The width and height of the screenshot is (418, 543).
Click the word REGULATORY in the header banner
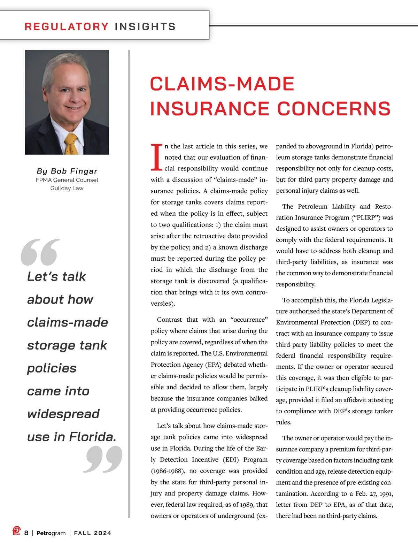66,26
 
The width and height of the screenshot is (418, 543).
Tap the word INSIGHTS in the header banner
145,26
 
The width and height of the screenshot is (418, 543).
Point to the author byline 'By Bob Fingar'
67,171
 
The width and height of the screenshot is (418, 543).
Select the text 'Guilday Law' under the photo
67,188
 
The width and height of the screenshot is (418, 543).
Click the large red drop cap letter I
156,158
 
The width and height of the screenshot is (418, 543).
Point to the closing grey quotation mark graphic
103,460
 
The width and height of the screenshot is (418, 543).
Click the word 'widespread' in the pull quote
63,414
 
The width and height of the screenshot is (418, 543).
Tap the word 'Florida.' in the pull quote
93,437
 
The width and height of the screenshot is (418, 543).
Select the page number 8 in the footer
26,533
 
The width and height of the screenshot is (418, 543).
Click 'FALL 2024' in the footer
93,533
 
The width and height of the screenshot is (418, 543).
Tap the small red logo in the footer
16,531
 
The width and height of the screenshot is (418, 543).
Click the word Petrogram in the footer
51,533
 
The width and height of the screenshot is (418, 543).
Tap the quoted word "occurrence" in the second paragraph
249,320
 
